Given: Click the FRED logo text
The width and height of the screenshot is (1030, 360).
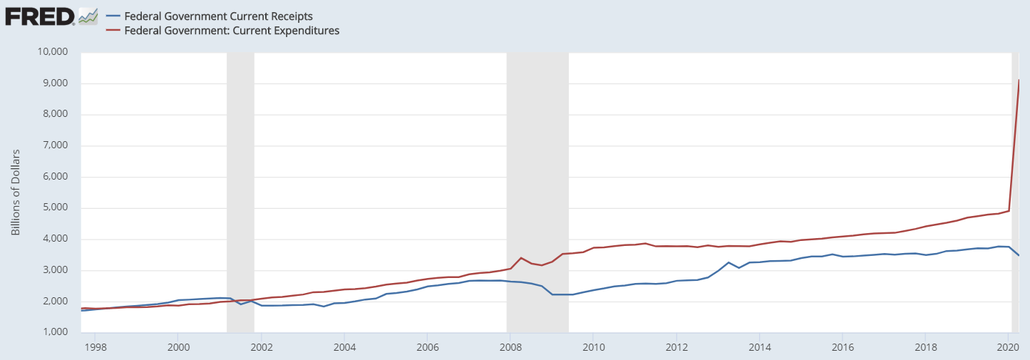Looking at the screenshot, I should coord(39,16).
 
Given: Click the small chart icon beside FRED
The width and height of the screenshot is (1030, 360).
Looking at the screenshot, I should coord(88,16).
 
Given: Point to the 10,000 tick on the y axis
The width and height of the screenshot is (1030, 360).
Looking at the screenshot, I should coord(51,52).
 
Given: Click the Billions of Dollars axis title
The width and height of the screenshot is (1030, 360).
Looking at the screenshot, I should coord(15,192).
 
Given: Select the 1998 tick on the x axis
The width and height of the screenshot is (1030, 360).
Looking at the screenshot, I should coord(95,347).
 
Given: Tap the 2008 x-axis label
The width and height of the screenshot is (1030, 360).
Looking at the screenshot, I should coord(510,347).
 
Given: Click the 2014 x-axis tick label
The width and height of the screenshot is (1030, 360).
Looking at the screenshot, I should coord(759,347).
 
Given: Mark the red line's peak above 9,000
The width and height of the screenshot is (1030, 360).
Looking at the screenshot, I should coord(1019,80).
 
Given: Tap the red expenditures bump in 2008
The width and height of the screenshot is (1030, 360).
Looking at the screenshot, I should coord(522,258).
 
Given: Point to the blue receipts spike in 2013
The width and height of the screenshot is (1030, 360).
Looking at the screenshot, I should coord(728,262).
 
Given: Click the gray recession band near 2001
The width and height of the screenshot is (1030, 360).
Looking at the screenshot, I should coord(240,192).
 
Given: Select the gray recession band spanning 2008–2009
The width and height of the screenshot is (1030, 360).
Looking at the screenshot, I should coord(537,192).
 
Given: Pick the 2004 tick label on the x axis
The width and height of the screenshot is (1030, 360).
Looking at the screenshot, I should coord(344,347).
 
